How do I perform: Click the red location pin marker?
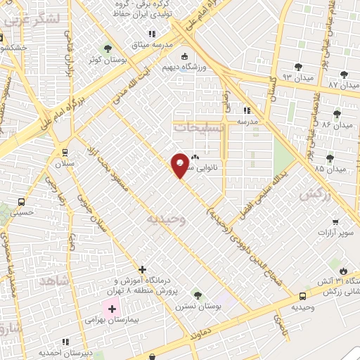pyautogui.click(x=181, y=165)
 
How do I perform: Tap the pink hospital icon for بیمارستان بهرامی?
pyautogui.click(x=112, y=309)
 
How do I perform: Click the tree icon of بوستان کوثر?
pyautogui.click(x=107, y=49)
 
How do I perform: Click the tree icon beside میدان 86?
pyautogui.click(x=338, y=113)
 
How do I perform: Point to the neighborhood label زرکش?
pyautogui.click(x=314, y=196)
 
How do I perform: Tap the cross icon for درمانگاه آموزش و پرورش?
pyautogui.click(x=143, y=269)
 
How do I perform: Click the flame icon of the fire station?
pyautogui.click(x=343, y=271)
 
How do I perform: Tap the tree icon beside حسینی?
pyautogui.click(x=6, y=209)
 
